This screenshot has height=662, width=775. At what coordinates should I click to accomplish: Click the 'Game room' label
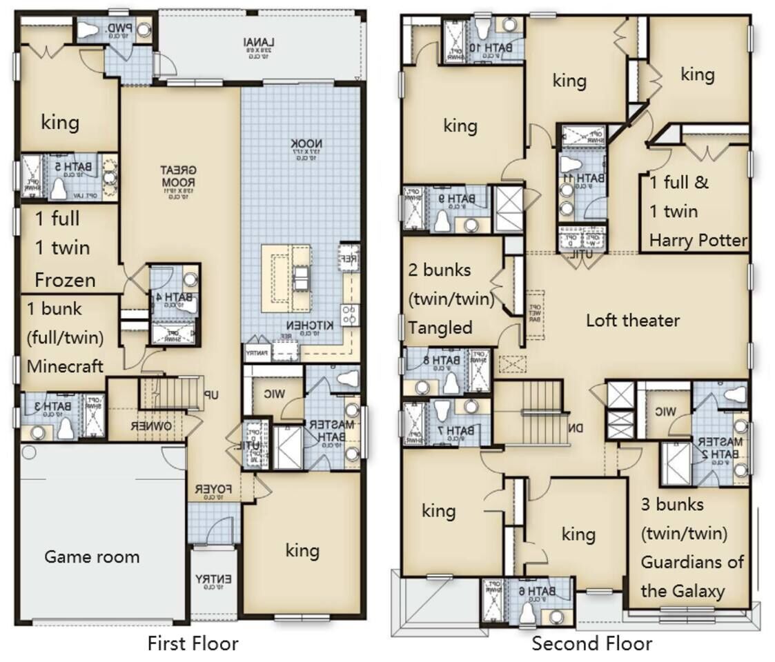92,556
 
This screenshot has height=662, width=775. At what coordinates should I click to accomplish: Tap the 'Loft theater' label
632,320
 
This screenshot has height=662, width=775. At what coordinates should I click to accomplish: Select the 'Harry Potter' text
698,240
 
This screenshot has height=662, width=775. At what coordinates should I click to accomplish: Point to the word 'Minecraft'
65,365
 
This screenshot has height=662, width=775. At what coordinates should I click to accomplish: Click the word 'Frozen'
65,280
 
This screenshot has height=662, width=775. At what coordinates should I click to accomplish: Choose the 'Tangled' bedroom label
440,327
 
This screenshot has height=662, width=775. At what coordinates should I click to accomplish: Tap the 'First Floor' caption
193,643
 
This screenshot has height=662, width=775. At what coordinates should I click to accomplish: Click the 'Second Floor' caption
591,643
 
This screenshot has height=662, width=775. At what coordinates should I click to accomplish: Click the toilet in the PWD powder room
88,30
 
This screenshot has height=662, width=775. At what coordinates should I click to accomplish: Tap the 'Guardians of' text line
691,561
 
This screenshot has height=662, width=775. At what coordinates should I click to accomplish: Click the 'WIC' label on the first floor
274,393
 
